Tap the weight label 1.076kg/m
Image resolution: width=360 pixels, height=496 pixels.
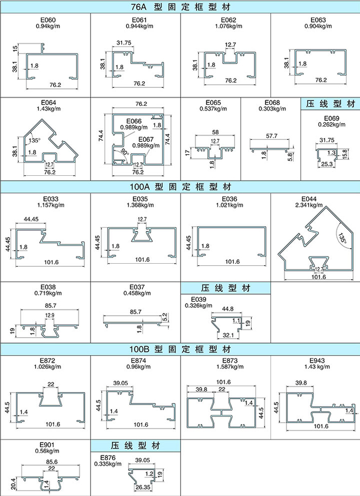[x=228, y=26]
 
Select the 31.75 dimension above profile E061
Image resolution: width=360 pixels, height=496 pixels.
[x=124, y=43]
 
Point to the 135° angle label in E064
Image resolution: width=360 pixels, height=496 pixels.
[x=34, y=140]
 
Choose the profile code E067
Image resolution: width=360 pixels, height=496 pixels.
[x=146, y=139]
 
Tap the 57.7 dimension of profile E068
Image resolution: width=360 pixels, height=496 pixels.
[x=272, y=136]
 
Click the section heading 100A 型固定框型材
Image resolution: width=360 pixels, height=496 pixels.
[x=180, y=187]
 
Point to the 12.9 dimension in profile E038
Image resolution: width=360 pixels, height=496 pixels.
[x=50, y=315]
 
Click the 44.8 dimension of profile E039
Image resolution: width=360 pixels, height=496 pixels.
[x=228, y=309]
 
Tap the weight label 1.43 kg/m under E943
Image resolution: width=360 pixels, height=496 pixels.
[x=317, y=366]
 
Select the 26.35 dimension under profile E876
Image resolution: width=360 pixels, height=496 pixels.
[x=143, y=487]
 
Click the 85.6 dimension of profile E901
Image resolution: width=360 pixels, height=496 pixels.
[x=51, y=462]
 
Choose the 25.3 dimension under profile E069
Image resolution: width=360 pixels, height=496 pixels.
[x=327, y=164]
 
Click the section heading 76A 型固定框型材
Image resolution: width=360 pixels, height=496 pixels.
[x=180, y=7]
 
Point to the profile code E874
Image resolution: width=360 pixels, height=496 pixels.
[x=139, y=361]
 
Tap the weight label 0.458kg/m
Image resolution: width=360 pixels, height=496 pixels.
[x=137, y=293]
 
